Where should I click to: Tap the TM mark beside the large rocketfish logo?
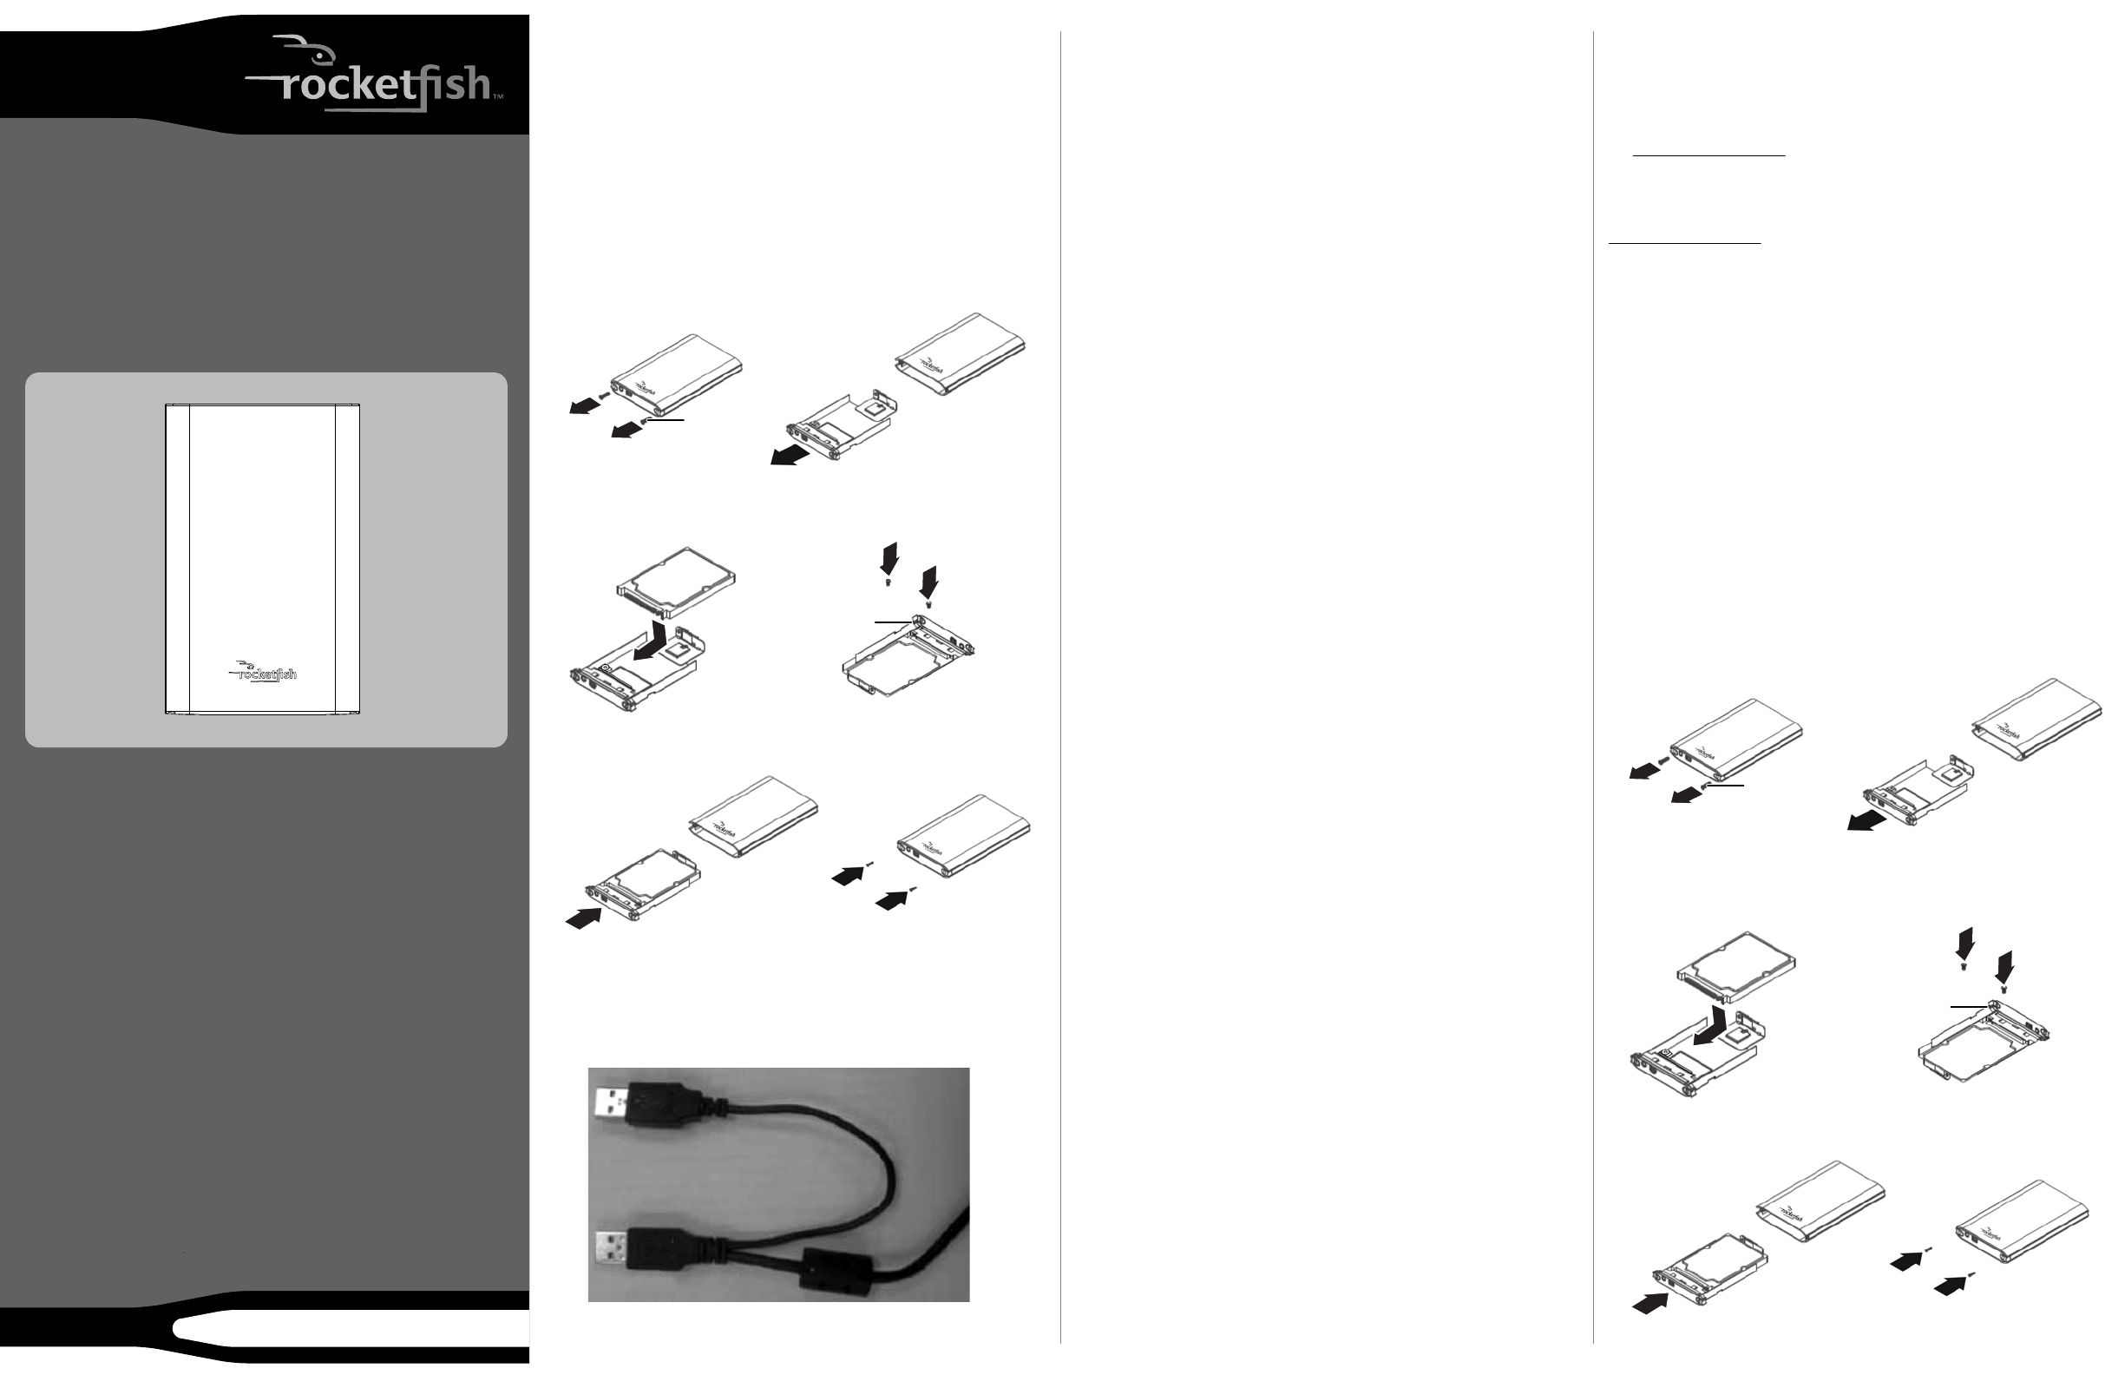[x=498, y=96]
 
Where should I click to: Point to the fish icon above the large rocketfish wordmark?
[x=296, y=48]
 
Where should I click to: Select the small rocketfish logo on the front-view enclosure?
[x=264, y=672]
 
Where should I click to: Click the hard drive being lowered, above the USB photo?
[x=676, y=582]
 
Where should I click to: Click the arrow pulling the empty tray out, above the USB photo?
[x=790, y=455]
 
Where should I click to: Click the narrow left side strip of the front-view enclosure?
[x=178, y=558]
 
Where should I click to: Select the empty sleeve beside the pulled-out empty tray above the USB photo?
[x=960, y=353]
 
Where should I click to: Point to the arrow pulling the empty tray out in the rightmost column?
[x=1867, y=820]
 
